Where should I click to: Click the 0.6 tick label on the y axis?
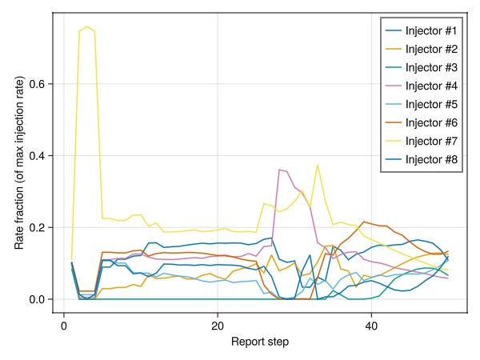pyautogui.click(x=36, y=84)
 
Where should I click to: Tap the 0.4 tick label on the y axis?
pyautogui.click(x=36, y=155)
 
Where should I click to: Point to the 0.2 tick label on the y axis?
pyautogui.click(x=36, y=227)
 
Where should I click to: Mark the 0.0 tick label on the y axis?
pyautogui.click(x=36, y=299)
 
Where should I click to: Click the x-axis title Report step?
pyautogui.click(x=260, y=342)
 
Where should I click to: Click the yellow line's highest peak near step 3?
pyautogui.click(x=87, y=26)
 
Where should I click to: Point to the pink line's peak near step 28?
pyautogui.click(x=279, y=170)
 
